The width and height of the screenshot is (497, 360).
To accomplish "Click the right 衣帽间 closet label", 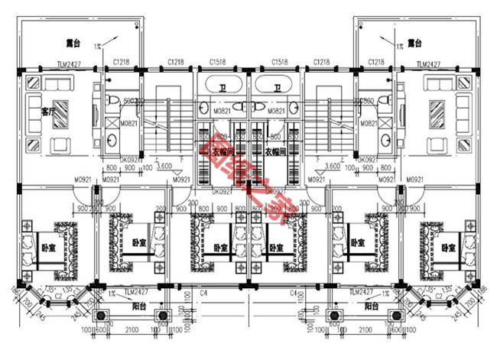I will pyautogui.click(x=275, y=152).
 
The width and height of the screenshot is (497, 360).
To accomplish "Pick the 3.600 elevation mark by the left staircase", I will pyautogui.click(x=163, y=165).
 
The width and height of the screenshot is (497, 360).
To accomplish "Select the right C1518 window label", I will pyautogui.click(x=278, y=62).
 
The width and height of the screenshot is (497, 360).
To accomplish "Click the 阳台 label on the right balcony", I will pyautogui.click(x=371, y=306).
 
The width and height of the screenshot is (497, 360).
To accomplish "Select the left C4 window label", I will pyautogui.click(x=204, y=293).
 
